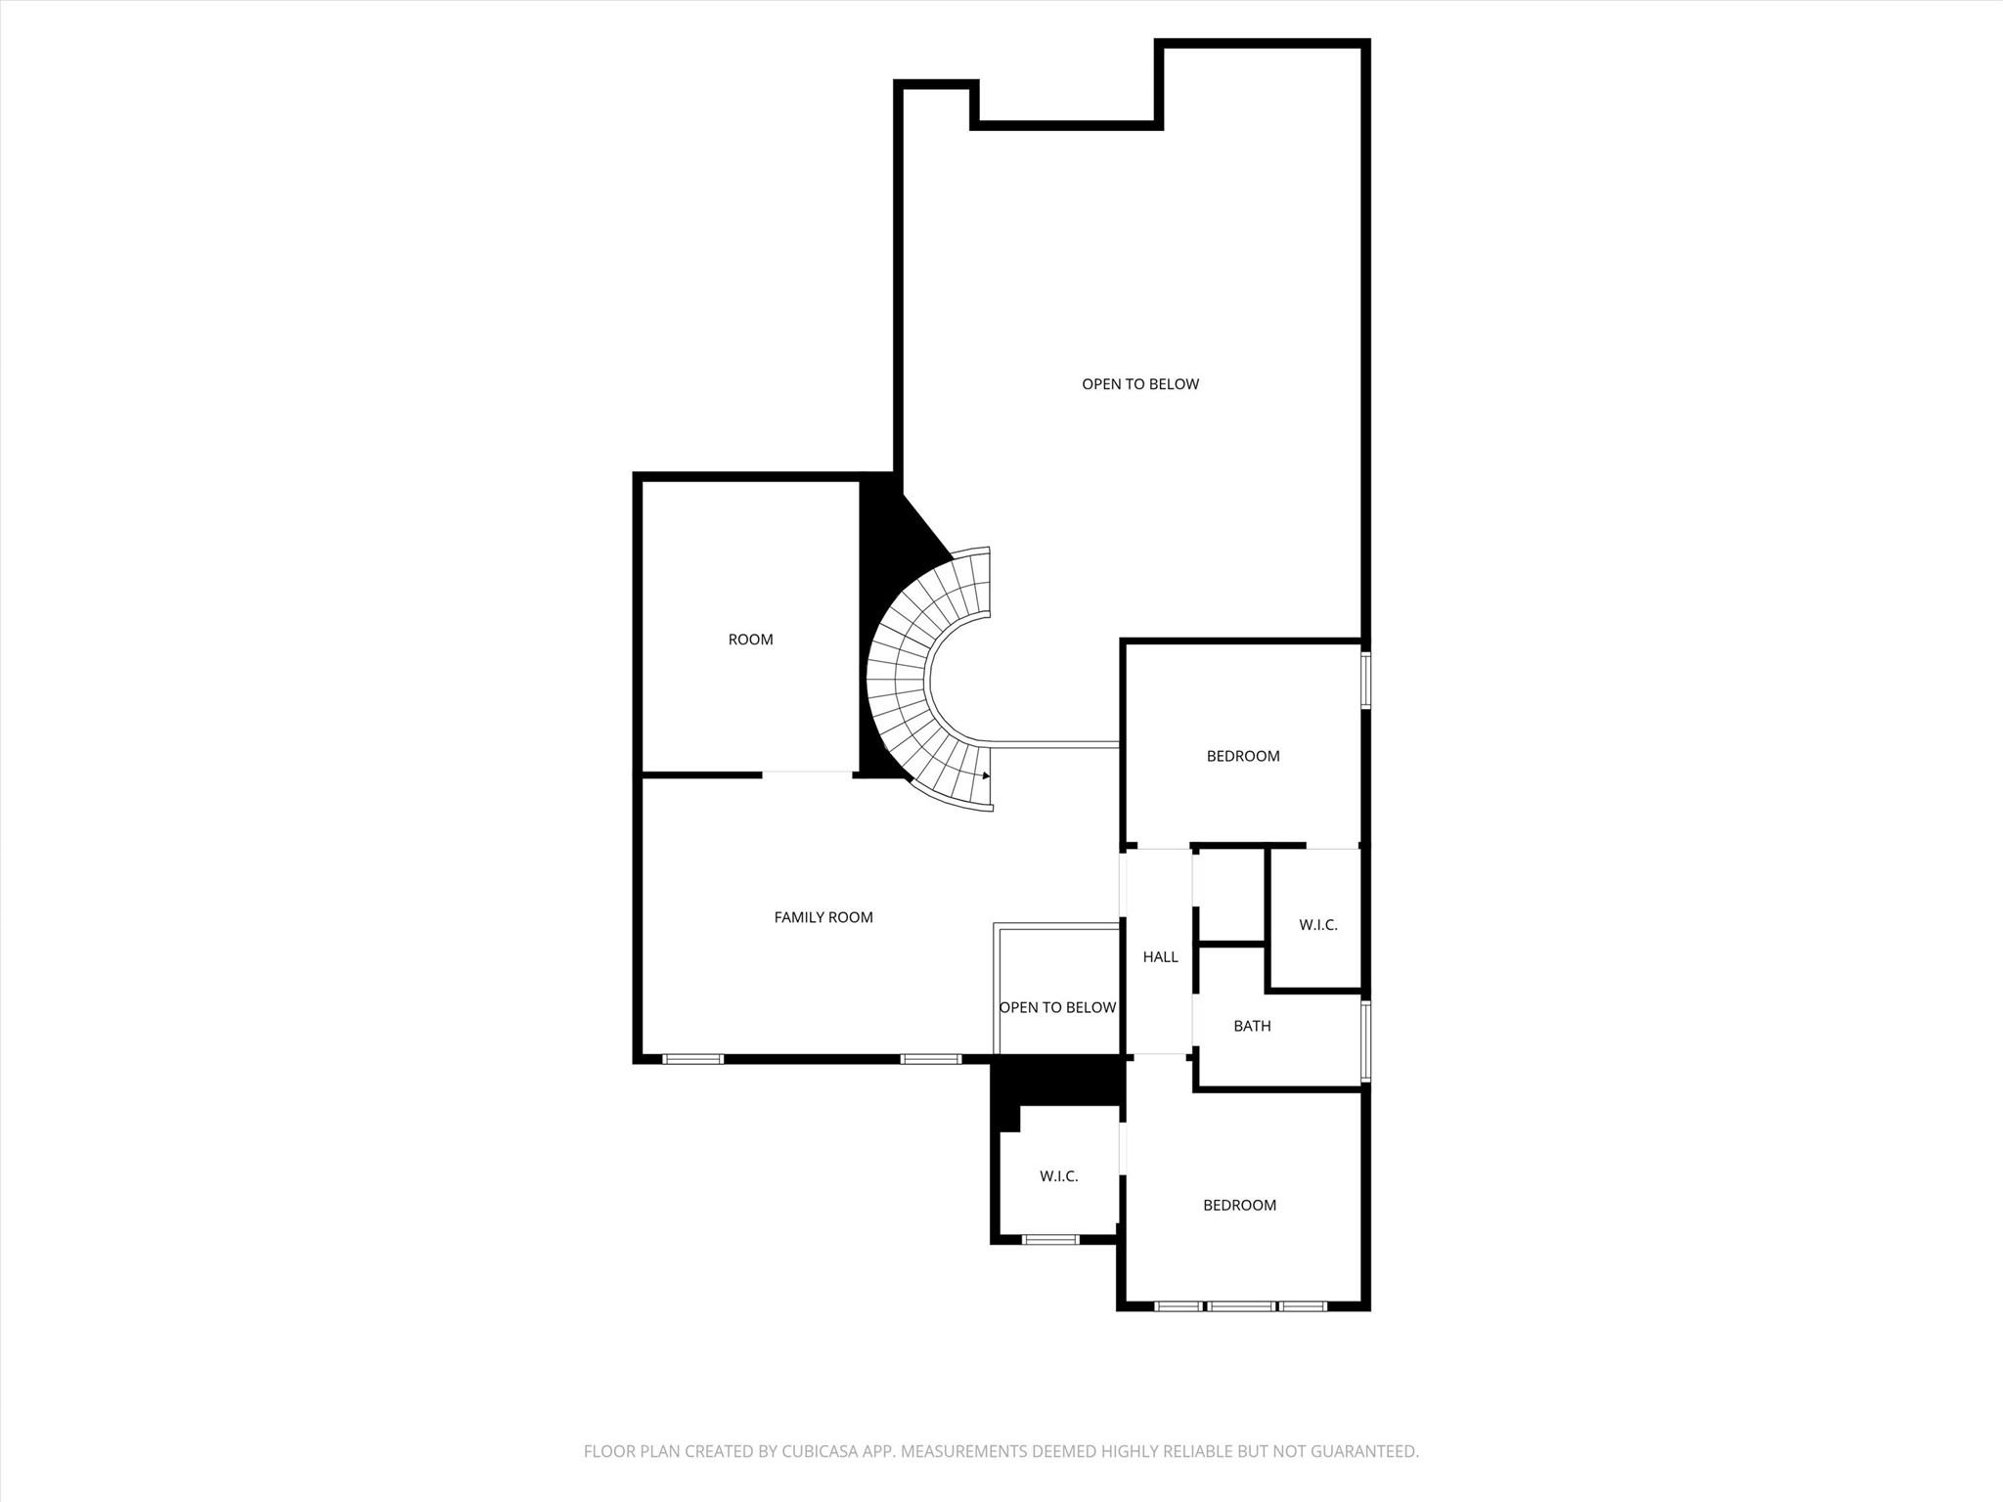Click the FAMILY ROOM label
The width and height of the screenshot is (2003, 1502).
[823, 917]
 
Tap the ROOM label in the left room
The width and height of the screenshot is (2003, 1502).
[750, 640]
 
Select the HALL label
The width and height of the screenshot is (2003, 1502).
[1160, 956]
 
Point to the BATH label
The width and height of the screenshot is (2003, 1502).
[1252, 1026]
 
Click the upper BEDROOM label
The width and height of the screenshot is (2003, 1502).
[1243, 756]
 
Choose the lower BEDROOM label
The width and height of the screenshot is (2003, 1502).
[1239, 1205]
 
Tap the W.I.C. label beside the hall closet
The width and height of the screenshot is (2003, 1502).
[1317, 924]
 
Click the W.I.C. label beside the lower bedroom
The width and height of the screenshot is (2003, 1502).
[1058, 1175]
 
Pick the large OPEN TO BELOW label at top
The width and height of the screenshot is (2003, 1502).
[1139, 384]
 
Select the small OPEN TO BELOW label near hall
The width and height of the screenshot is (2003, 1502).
[1057, 1007]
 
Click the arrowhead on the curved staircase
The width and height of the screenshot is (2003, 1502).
[986, 775]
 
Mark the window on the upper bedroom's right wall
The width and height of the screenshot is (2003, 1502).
[1365, 678]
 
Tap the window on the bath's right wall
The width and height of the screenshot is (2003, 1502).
[1365, 1039]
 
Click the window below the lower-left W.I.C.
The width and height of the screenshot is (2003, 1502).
[1050, 1239]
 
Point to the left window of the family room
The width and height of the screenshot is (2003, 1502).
[692, 1058]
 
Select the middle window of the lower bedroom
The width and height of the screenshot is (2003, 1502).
[1240, 1305]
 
